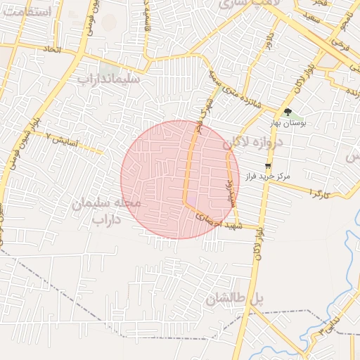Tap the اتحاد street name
click(52, 50)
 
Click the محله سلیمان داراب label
click(106, 211)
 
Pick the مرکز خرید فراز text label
click(268, 176)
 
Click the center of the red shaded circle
click(180, 179)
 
